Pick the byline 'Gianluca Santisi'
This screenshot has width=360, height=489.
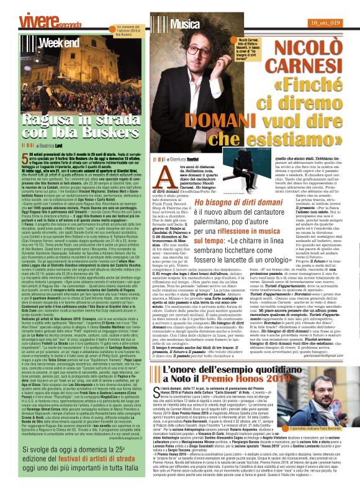click(x=208, y=160)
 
